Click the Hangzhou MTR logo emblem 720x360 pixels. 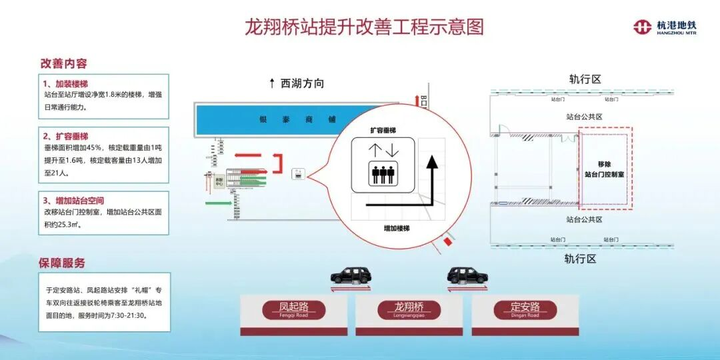pos(642,27)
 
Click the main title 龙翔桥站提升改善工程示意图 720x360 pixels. pos(363,27)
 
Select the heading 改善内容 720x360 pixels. pos(64,63)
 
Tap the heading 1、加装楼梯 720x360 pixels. pos(65,84)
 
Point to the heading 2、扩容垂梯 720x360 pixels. pos(65,136)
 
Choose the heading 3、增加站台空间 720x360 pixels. pos(73,200)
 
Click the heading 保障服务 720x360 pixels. pos(63,263)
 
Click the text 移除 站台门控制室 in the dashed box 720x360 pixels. pos(605,169)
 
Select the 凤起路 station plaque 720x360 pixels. pos(293,309)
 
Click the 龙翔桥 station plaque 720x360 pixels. pos(409,309)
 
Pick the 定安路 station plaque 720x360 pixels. pos(525,309)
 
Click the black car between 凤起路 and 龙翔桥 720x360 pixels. pos(351,275)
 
